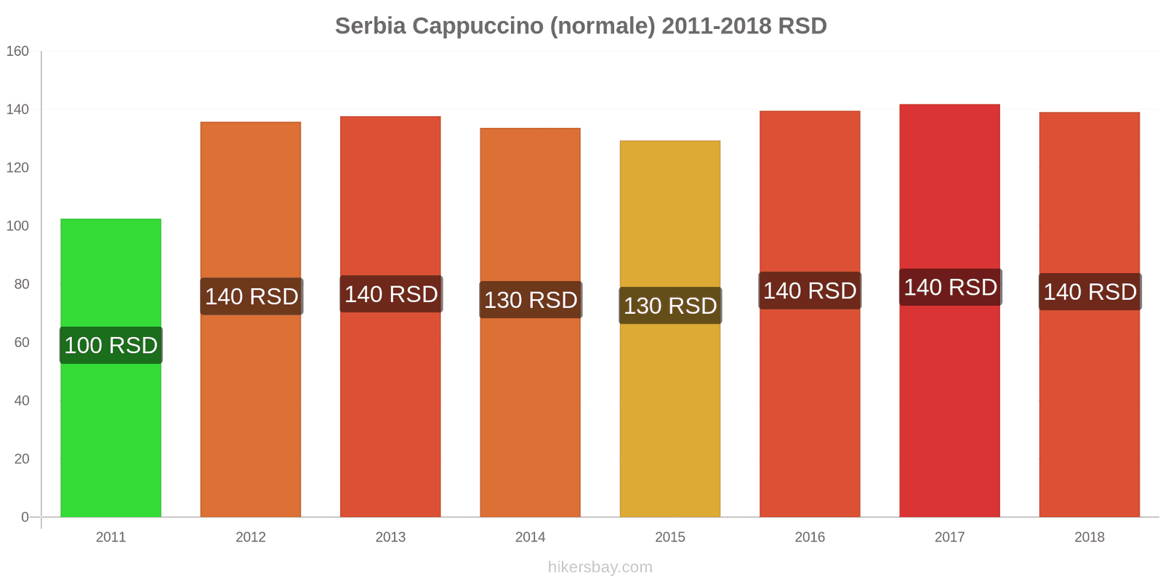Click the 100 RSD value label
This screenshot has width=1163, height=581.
(110, 345)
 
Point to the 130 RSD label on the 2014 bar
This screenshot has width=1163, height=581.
(531, 300)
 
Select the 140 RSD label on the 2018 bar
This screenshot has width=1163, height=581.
(1090, 292)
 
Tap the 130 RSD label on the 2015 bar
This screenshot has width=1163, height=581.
(670, 306)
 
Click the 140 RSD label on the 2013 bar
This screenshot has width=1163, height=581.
(391, 294)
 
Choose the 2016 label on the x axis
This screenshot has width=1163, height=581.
(810, 537)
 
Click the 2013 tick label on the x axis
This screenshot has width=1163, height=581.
(390, 537)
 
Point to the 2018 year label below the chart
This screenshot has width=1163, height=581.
(1089, 537)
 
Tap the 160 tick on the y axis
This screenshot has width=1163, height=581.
(17, 51)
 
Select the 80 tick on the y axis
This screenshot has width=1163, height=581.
(21, 284)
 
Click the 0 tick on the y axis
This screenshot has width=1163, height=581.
(25, 517)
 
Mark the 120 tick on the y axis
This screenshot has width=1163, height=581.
(17, 168)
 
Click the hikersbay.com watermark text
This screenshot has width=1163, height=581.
(600, 567)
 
